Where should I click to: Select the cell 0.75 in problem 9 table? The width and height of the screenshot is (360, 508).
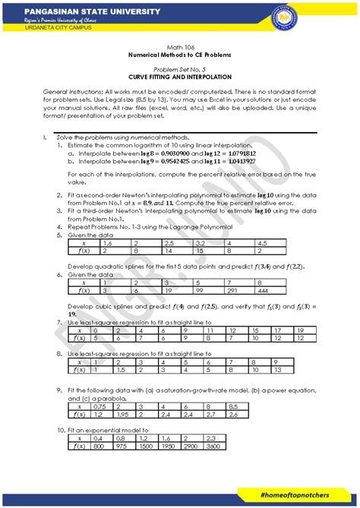[99, 407]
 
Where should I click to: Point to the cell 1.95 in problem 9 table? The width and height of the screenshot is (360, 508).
[122, 415]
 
